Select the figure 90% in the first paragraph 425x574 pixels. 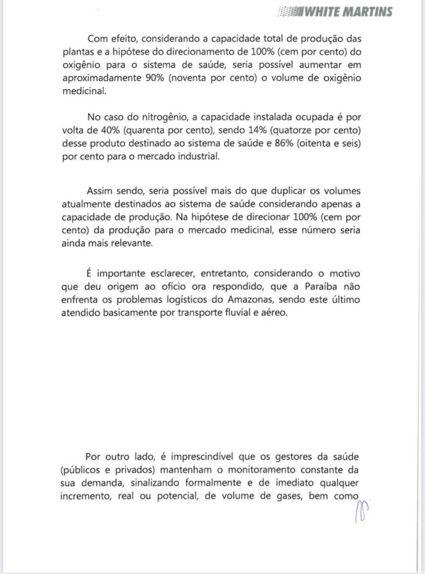click(x=154, y=81)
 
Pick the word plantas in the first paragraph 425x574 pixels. click(x=78, y=53)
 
